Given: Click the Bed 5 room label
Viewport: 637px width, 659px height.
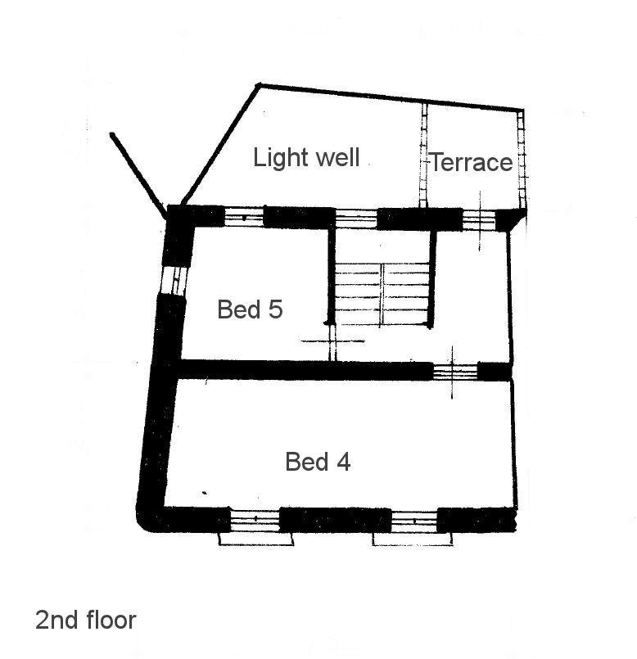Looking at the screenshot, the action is pos(250,309).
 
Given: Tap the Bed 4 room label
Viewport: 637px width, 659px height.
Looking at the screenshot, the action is pos(318,462).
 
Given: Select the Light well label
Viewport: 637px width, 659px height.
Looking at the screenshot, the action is pos(306,158).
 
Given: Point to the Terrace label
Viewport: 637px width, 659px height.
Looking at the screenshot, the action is pos(472,162).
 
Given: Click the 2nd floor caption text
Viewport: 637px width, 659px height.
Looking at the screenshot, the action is pos(86,620).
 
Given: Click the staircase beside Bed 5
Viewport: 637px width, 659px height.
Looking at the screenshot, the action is pos(382,294).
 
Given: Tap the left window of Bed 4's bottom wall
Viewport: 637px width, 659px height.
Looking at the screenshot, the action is pos(255,520).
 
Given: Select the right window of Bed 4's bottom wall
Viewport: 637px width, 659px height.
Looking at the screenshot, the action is pos(414,521).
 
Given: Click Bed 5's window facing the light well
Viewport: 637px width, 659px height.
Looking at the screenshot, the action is pos(244,217).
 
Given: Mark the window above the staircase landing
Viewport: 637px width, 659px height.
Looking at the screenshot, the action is pos(356,219).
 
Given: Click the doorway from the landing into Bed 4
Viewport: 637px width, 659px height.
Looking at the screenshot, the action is pos(455,372).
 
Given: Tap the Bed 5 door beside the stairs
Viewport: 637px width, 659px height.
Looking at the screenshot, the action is pos(332,341).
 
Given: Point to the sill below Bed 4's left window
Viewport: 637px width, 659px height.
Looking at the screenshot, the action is pos(255,539).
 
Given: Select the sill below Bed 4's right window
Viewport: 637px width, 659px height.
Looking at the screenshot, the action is pos(413,539).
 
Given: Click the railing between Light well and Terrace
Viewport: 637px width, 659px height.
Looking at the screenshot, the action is pos(424,156).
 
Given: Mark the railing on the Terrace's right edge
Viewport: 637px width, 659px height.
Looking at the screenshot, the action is pos(522,160).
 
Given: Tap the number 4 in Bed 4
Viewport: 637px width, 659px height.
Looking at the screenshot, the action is pos(344,462).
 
